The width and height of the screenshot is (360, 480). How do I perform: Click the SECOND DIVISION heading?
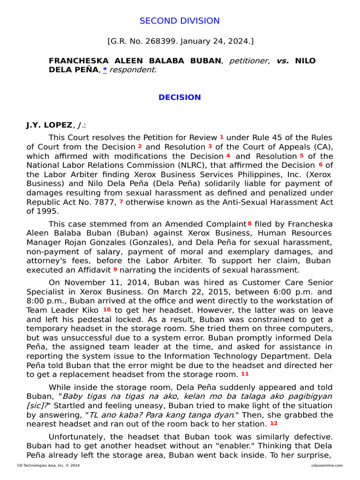pos(180,21)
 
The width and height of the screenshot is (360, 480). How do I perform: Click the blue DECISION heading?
pos(180,97)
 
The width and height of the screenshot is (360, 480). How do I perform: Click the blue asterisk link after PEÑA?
pos(105,69)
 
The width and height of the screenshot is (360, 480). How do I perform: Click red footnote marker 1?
pos(222,137)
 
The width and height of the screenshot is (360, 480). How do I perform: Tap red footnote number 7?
pos(121,202)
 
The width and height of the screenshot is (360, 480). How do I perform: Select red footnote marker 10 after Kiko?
pos(107,309)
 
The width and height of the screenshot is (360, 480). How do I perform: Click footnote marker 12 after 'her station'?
pos(274,423)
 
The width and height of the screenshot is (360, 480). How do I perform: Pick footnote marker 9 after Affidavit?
pos(115,270)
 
